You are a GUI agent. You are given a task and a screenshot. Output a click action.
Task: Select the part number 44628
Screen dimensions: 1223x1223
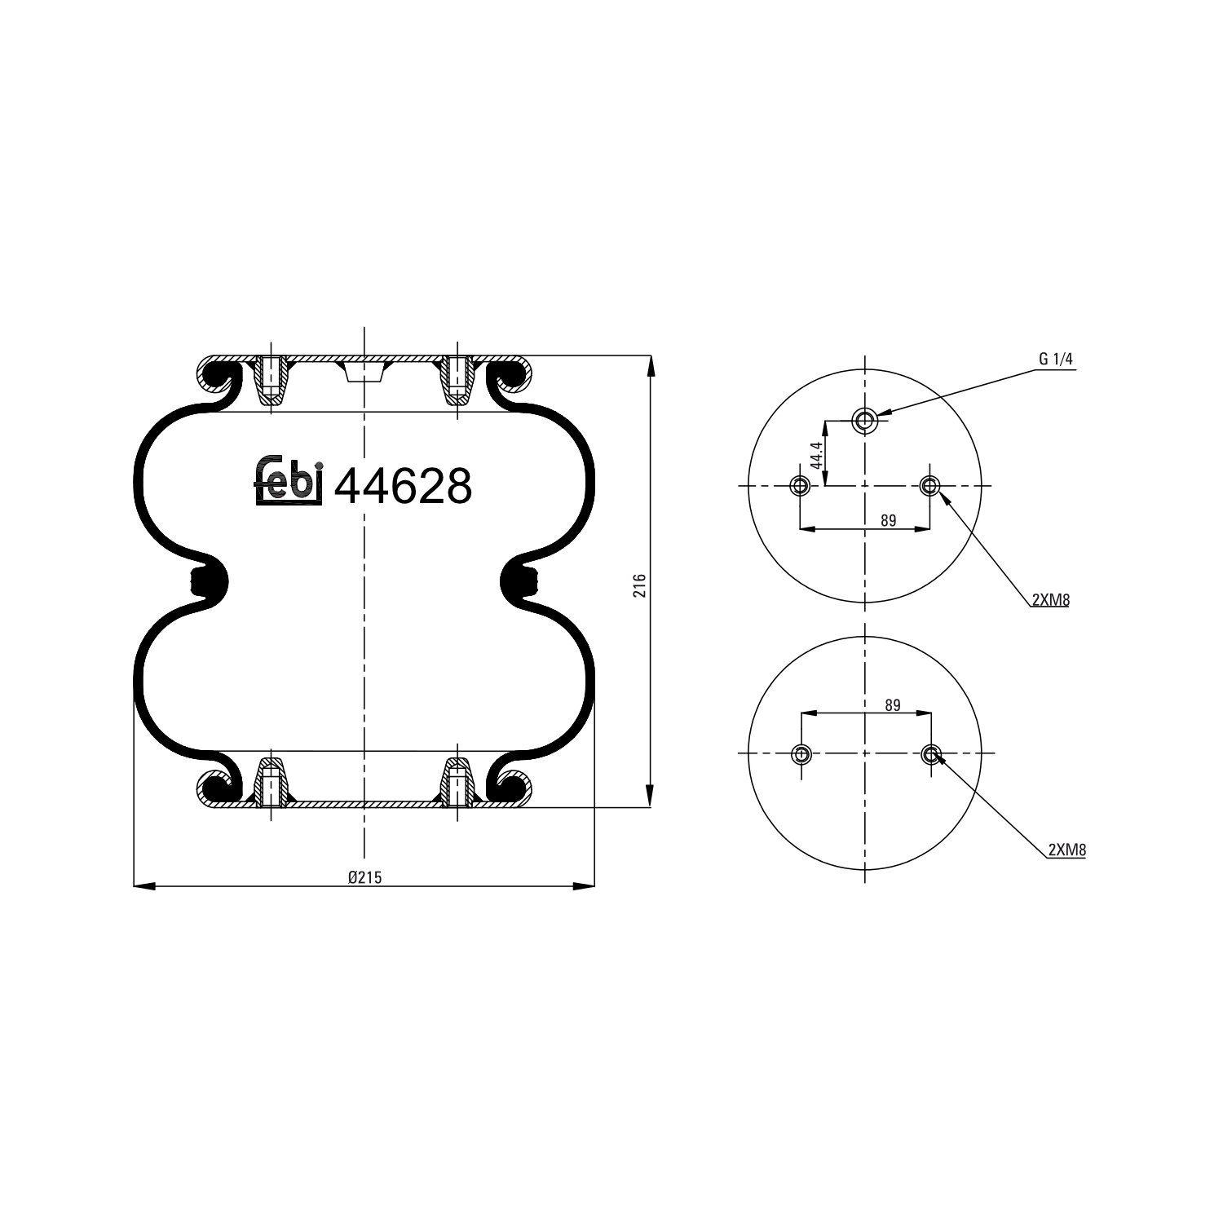pyautogui.click(x=404, y=487)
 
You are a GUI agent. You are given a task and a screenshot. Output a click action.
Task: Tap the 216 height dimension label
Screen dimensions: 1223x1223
pyautogui.click(x=640, y=585)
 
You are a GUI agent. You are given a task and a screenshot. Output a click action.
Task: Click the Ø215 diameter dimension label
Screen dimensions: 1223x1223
pyautogui.click(x=364, y=877)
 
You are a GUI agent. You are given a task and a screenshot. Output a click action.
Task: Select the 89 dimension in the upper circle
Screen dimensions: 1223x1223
pyautogui.click(x=888, y=520)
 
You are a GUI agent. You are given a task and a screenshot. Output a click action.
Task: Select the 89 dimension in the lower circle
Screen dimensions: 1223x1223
pyautogui.click(x=893, y=705)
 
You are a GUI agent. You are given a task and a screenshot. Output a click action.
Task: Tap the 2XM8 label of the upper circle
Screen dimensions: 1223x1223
pyautogui.click(x=1050, y=600)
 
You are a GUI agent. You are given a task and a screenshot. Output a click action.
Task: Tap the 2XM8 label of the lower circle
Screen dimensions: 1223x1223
pyautogui.click(x=1066, y=850)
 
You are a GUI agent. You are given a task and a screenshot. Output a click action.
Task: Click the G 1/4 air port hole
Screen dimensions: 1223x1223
pyautogui.click(x=864, y=421)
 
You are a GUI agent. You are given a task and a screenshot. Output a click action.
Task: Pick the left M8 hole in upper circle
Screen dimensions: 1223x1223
pyautogui.click(x=800, y=487)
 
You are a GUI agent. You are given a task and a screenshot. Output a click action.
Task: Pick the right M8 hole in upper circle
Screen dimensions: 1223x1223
pyautogui.click(x=929, y=487)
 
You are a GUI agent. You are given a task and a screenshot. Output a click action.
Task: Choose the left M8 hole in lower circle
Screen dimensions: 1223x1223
pyautogui.click(x=802, y=753)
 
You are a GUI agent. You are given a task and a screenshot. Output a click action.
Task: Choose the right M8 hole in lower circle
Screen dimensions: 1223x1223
pyautogui.click(x=931, y=753)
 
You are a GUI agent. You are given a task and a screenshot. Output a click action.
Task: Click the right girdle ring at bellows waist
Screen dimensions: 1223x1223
pyautogui.click(x=519, y=582)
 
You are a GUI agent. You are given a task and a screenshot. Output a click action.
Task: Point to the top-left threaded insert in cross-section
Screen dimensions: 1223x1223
pyautogui.click(x=270, y=381)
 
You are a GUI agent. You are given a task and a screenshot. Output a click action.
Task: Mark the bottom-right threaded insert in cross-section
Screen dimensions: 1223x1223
pyautogui.click(x=457, y=784)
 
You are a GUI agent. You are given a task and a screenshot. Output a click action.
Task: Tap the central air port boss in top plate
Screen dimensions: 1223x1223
pyautogui.click(x=364, y=372)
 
